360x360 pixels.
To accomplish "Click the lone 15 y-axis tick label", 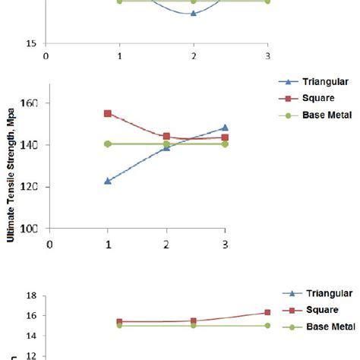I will tap(31, 43).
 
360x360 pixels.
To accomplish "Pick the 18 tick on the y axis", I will tap(33, 295).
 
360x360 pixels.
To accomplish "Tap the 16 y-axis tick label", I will tap(33, 315).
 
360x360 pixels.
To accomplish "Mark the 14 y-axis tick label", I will tap(33, 336).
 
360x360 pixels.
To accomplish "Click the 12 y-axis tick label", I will tap(33, 355).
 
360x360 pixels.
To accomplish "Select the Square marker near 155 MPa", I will tap(108, 113).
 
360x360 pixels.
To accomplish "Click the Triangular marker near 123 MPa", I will tap(108, 181).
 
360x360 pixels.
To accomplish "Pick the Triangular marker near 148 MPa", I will tap(225, 128).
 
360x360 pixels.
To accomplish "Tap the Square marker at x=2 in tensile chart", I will tap(166, 137).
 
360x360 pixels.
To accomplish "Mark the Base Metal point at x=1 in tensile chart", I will tap(108, 144).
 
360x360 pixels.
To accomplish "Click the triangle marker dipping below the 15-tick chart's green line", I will tap(194, 13).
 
